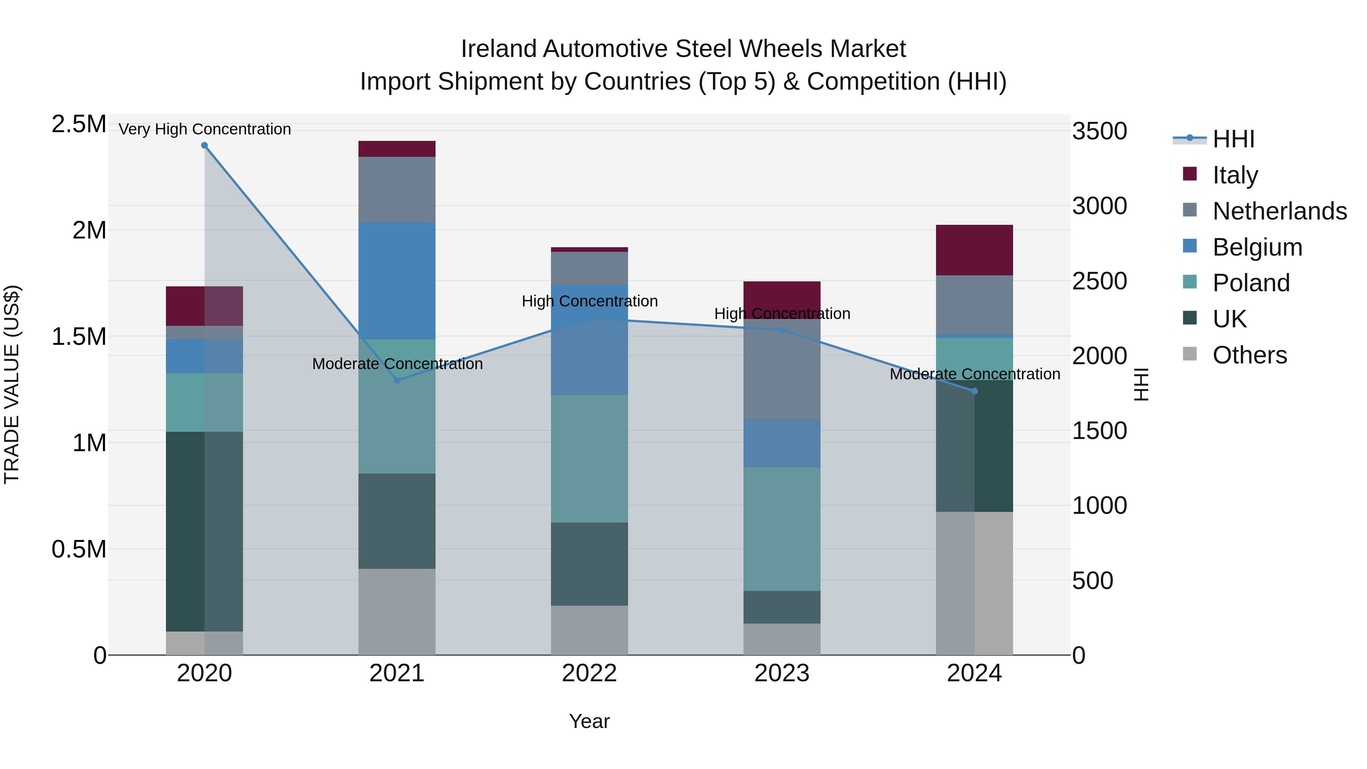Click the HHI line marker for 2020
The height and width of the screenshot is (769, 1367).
point(204,145)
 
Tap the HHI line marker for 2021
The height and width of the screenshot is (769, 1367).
point(397,380)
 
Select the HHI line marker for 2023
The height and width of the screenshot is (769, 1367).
point(782,330)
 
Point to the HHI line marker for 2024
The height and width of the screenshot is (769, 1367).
point(974,391)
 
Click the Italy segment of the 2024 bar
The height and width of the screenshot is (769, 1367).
point(974,250)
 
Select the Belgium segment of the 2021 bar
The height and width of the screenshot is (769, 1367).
point(397,281)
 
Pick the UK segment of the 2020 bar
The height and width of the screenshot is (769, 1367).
point(204,531)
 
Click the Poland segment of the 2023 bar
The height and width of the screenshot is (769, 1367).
point(782,529)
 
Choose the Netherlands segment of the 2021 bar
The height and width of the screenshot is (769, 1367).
point(397,189)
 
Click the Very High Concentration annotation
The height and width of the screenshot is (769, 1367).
point(204,129)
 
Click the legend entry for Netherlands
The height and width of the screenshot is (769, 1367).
point(1279,211)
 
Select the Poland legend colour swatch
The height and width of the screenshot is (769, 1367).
point(1190,282)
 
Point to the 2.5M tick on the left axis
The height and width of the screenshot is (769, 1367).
point(79,124)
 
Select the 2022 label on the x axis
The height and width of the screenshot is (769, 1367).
point(589,673)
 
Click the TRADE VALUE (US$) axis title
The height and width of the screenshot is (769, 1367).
point(12,384)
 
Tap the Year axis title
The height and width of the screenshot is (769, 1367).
point(589,721)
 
